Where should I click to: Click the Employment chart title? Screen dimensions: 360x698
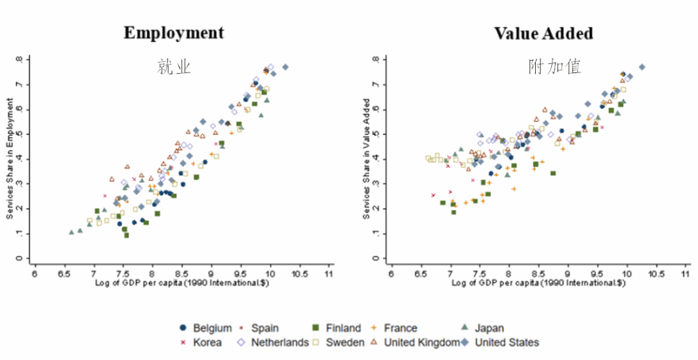174,33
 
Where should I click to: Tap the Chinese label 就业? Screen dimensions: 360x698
173,66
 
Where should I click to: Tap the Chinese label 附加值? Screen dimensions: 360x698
554,66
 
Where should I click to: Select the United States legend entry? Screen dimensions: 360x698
500,343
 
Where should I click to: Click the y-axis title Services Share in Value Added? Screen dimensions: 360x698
366,159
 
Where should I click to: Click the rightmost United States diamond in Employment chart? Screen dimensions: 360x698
285,67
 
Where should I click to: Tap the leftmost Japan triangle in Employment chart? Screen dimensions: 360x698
72,232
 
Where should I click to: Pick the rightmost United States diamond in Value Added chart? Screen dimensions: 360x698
642,67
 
